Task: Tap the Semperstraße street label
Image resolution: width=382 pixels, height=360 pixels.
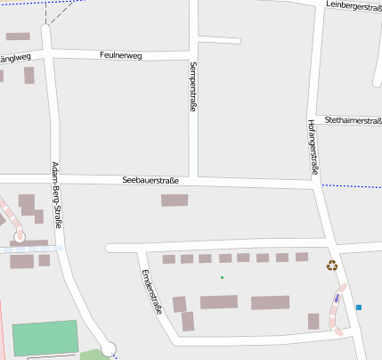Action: click(192, 88)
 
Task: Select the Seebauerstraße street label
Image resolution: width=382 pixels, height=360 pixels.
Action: click(150, 181)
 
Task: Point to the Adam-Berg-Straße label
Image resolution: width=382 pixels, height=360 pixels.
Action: click(57, 195)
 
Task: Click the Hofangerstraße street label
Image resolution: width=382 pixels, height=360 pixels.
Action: click(313, 146)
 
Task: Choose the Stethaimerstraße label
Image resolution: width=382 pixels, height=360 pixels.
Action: click(353, 119)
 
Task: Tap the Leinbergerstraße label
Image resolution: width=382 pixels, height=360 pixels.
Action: click(354, 5)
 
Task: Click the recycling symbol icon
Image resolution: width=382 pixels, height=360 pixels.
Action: click(332, 264)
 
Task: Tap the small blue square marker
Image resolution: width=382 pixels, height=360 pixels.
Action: click(359, 307)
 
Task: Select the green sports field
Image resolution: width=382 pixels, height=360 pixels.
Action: click(45, 338)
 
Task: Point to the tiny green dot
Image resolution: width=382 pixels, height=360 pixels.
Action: click(222, 277)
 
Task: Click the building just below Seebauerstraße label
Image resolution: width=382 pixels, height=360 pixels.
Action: click(175, 200)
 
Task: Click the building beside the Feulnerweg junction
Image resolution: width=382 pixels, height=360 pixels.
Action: click(29, 75)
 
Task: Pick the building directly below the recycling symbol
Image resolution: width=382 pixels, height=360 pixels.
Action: click(313, 321)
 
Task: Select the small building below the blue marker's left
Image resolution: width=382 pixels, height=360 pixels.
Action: click(313, 321)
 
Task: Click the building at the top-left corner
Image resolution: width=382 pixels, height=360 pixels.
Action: click(18, 37)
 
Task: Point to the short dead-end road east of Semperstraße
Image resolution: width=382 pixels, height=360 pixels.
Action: click(219, 40)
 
